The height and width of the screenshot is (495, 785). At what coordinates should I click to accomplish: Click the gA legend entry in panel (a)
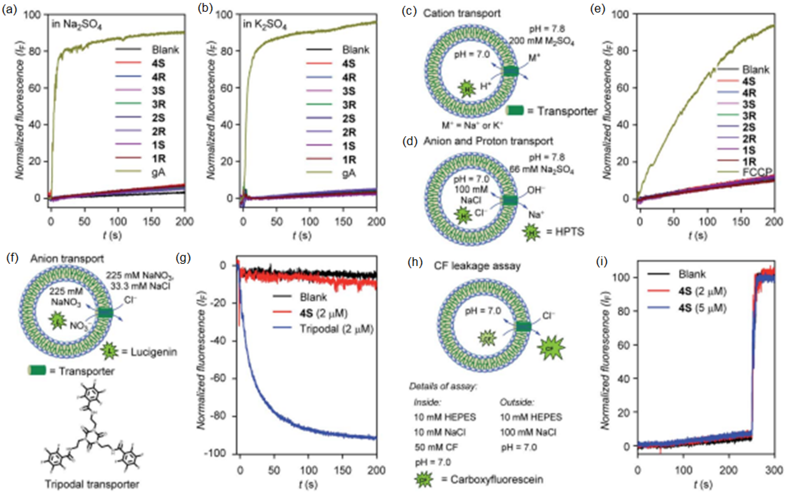tap(158, 172)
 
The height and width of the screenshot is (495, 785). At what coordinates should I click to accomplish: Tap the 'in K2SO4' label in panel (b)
tap(264, 24)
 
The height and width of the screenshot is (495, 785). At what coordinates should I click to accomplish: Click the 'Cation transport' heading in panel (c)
tap(462, 13)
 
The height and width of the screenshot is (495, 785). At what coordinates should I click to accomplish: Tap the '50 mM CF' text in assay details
tap(436, 447)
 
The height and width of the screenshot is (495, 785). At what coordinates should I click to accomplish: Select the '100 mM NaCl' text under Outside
tap(528, 432)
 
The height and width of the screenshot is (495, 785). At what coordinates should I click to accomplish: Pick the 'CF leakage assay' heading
tap(477, 266)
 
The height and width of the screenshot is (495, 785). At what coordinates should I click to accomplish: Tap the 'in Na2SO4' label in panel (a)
tap(77, 25)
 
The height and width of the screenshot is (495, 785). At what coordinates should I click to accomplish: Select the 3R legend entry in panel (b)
tap(349, 105)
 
